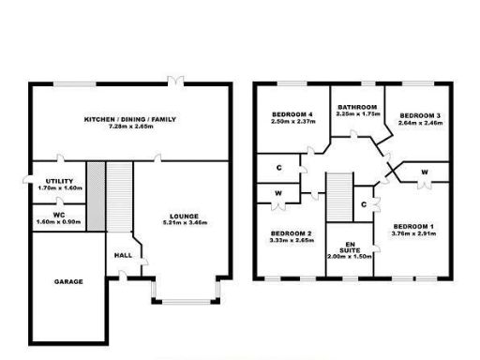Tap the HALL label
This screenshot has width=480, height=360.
coord(122,254)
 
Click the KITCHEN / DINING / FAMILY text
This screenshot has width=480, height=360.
coord(130,119)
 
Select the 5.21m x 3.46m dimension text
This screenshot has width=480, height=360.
coord(184,222)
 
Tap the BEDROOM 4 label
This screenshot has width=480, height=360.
coord(291,112)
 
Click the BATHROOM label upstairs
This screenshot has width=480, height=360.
coord(357,106)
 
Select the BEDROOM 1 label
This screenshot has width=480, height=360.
coord(412,226)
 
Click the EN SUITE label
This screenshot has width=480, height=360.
coord(349,246)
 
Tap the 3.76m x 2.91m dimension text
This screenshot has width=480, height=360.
coord(412,234)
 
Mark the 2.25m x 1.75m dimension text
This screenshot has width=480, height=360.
coord(357,113)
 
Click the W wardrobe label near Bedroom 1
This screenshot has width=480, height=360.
coord(424,172)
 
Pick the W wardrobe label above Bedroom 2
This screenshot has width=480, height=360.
coord(278,193)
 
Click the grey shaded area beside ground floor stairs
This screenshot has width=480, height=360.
coord(94,196)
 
